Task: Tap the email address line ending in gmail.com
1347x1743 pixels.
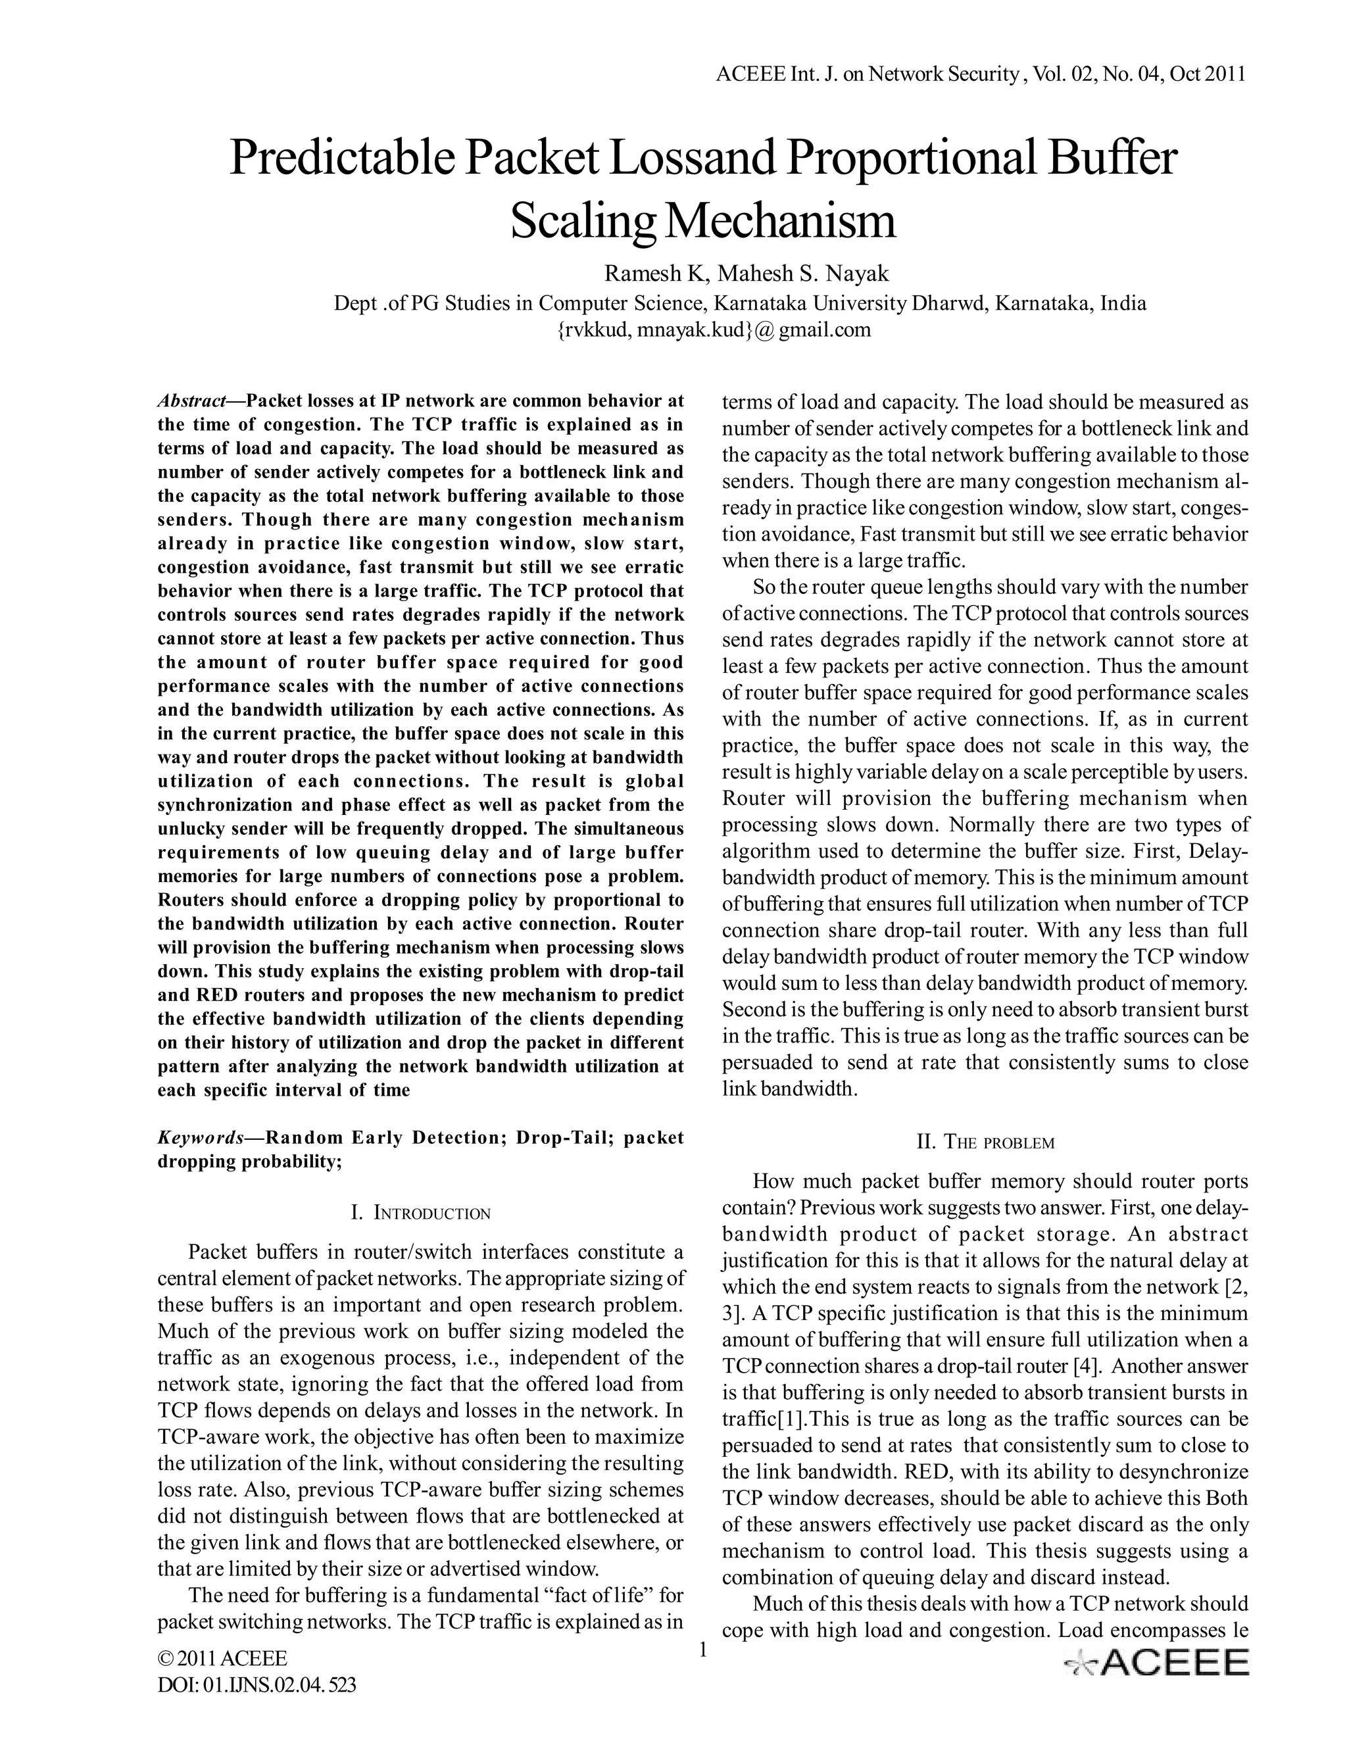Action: tap(712, 330)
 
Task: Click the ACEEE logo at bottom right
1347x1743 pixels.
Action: tap(1156, 1663)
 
